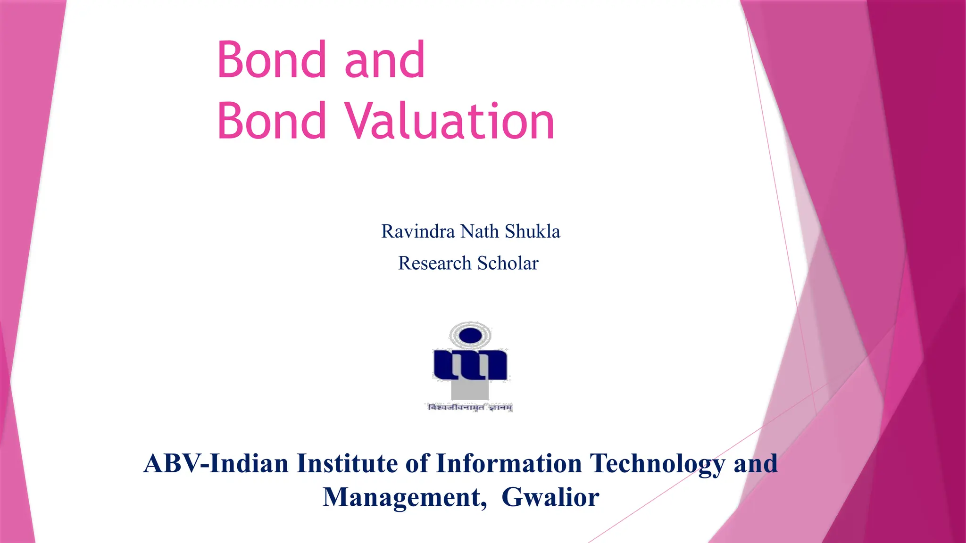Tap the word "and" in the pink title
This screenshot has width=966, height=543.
(384, 60)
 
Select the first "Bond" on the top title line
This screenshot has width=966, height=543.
(272, 60)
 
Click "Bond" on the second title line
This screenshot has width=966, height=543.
(272, 121)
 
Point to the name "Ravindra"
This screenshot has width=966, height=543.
(418, 231)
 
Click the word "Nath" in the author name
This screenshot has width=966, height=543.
(479, 231)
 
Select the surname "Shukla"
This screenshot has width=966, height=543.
(533, 231)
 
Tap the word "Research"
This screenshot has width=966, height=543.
(434, 263)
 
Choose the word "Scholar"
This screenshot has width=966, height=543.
(508, 263)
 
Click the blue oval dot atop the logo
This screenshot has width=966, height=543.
(470, 336)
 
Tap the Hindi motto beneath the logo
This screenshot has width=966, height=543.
(470, 408)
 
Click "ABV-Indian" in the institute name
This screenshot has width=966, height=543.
(216, 463)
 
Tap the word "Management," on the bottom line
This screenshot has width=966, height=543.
(405, 497)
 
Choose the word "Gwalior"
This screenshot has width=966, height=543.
(550, 497)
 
